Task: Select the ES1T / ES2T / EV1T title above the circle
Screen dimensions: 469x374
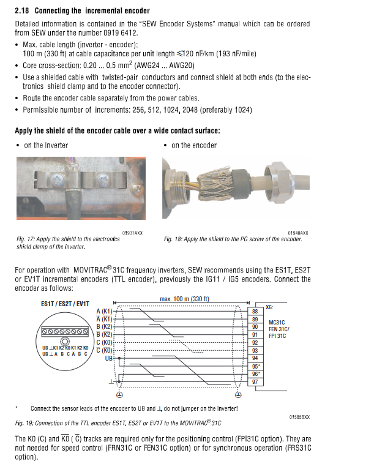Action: (x=64, y=304)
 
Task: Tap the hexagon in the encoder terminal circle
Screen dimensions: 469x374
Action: (x=64, y=341)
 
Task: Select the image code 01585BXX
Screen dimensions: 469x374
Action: (x=299, y=417)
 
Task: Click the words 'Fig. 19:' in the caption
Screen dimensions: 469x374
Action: (x=26, y=423)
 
